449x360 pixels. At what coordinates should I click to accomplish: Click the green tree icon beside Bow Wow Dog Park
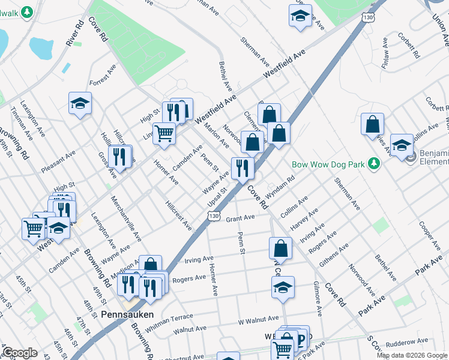point(375,163)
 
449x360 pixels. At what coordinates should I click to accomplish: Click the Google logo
point(20,353)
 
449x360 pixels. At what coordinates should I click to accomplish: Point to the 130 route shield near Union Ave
point(368,17)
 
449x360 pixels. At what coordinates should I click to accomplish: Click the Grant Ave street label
point(241,219)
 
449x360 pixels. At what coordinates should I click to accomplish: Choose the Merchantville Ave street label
point(126,222)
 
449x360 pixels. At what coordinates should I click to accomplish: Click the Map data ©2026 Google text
point(412,355)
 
